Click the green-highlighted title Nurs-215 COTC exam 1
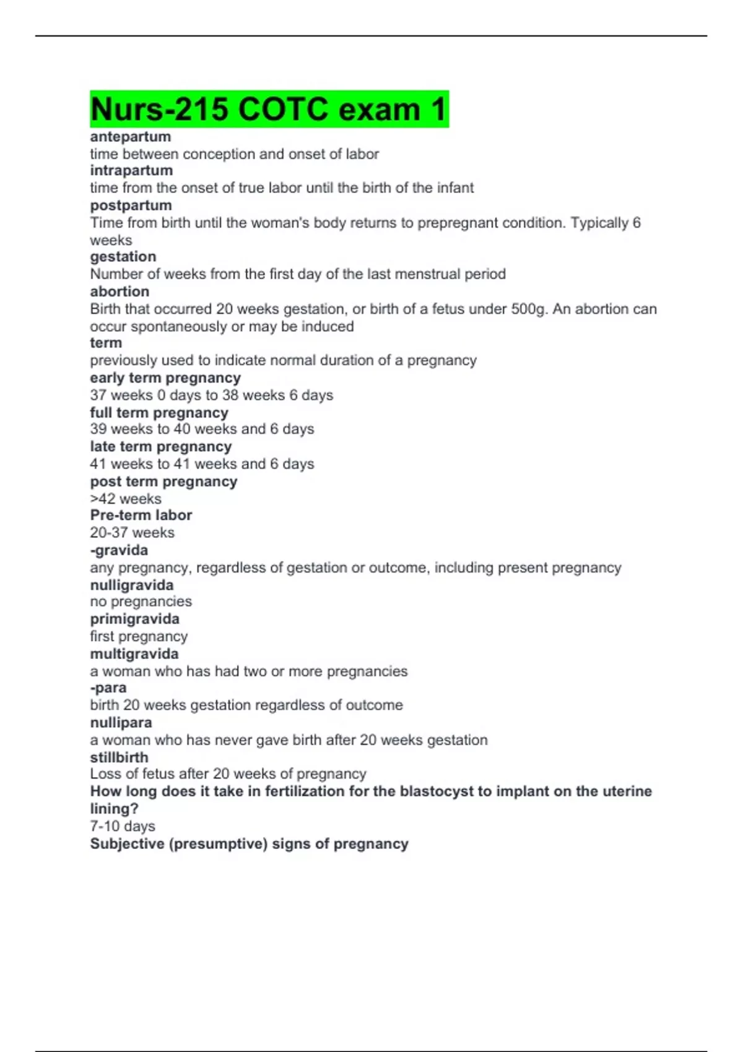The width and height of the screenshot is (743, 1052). tap(269, 110)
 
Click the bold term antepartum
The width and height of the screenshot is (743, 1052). tap(130, 137)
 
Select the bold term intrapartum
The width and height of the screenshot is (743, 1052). tap(131, 171)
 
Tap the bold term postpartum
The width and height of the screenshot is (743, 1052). tap(131, 205)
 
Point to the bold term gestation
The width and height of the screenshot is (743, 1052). tap(123, 257)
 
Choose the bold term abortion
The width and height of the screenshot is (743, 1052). tap(119, 291)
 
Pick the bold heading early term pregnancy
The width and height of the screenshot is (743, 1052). tap(165, 378)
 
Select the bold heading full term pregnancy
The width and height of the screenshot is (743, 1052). tap(159, 413)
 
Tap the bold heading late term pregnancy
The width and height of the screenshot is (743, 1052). tap(160, 447)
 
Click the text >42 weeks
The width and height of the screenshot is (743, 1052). tap(126, 499)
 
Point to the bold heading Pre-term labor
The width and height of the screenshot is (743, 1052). tap(141, 515)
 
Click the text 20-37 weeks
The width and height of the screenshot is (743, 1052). tap(132, 533)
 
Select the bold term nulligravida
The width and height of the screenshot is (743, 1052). tap(132, 585)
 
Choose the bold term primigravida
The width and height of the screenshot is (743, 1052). tap(134, 619)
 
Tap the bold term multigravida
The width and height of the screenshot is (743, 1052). tap(134, 654)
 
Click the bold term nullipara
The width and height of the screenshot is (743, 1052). tap(121, 723)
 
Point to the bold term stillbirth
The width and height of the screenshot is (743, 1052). tap(119, 757)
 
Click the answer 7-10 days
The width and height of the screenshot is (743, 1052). tap(123, 826)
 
